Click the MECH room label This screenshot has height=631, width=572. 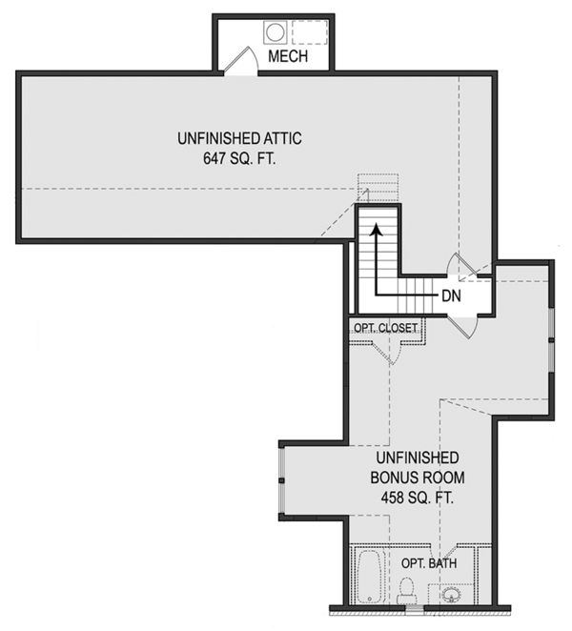pos(288,57)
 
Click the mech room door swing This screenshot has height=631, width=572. pos(241,61)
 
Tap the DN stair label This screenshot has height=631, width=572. pos(452,295)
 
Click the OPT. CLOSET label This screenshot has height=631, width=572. pos(385,328)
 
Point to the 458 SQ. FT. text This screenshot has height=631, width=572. pos(412,498)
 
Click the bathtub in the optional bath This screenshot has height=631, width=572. pos(369,578)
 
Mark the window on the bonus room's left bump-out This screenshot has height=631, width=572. pos(281,479)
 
